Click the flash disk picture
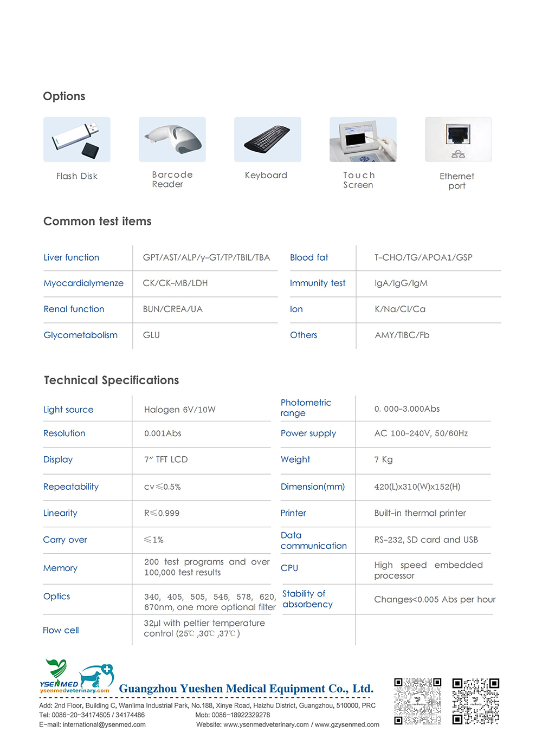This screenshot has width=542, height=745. pyautogui.click(x=77, y=139)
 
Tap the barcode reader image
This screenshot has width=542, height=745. pyautogui.click(x=172, y=139)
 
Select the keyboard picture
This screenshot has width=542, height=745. pyautogui.click(x=268, y=139)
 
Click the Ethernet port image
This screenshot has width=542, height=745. pyautogui.click(x=459, y=139)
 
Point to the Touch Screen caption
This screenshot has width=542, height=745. pyautogui.click(x=359, y=180)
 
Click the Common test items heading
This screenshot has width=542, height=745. pyautogui.click(x=98, y=221)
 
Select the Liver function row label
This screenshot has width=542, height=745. pyautogui.click(x=72, y=257)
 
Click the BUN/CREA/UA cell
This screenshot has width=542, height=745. pyautogui.click(x=173, y=309)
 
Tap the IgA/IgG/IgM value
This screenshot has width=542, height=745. pyautogui.click(x=401, y=283)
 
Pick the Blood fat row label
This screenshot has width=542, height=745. pyautogui.click(x=309, y=257)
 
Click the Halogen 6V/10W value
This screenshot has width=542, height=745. pyautogui.click(x=180, y=410)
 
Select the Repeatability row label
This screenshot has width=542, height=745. pyautogui.click(x=71, y=487)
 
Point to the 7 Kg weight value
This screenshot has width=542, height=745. pyautogui.click(x=383, y=459)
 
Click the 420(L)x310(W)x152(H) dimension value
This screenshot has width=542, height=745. pyautogui.click(x=417, y=487)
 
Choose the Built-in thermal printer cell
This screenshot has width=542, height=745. pyautogui.click(x=420, y=513)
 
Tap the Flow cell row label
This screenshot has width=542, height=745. pyautogui.click(x=61, y=630)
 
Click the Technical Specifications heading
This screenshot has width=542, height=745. pyautogui.click(x=112, y=380)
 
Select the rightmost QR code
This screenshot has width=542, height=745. pyautogui.click(x=476, y=701)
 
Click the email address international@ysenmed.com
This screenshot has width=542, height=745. pyautogui.click(x=104, y=724)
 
